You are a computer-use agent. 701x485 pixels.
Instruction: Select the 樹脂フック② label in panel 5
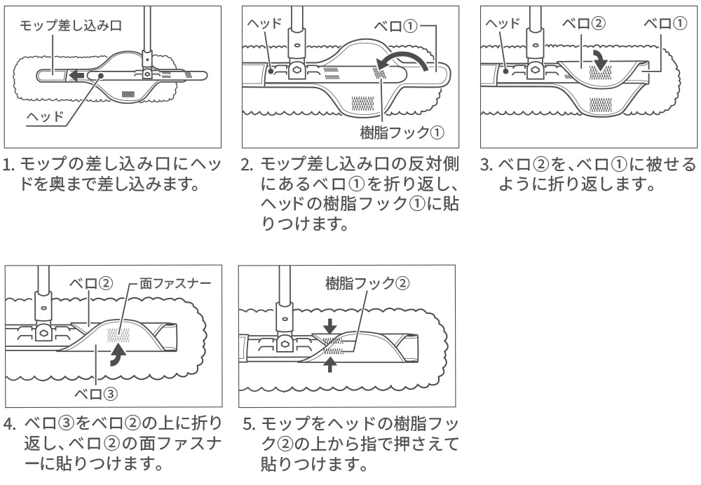pos(367,283)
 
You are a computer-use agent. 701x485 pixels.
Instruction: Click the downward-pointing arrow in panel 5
pos(330,326)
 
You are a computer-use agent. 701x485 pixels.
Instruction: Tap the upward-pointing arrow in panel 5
pos(330,364)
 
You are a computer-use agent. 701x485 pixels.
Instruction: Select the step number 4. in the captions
pos(9,425)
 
